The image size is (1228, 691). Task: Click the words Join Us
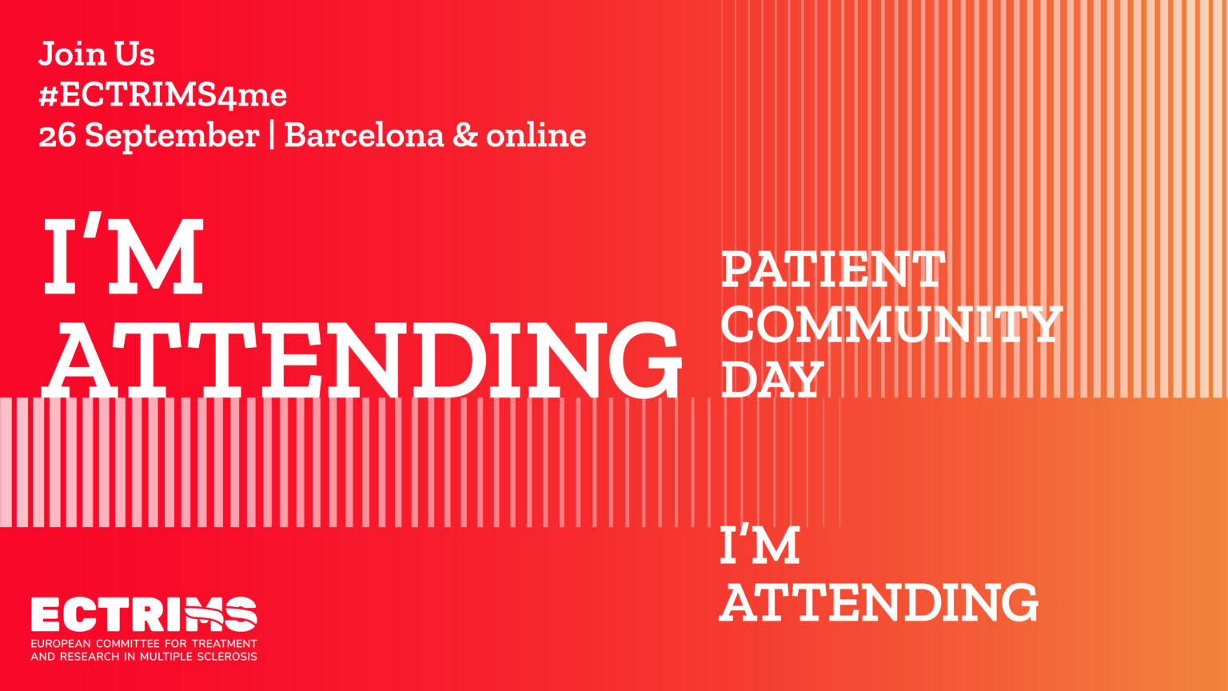97,54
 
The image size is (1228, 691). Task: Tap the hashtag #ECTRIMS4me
163,95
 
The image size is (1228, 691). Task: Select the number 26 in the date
57,135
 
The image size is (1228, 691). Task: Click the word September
172,137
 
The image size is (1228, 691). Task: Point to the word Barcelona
364,135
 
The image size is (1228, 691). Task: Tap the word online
536,135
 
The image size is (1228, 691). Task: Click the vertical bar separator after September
272,136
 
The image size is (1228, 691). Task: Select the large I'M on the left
123,254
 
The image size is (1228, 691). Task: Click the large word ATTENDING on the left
362,360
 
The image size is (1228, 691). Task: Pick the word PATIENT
833,269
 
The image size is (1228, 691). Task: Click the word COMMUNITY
892,324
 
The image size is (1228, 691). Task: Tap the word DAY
772,378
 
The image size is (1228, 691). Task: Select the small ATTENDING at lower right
879,602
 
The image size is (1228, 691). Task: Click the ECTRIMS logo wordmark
144,614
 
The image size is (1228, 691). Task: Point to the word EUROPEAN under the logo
60,643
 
